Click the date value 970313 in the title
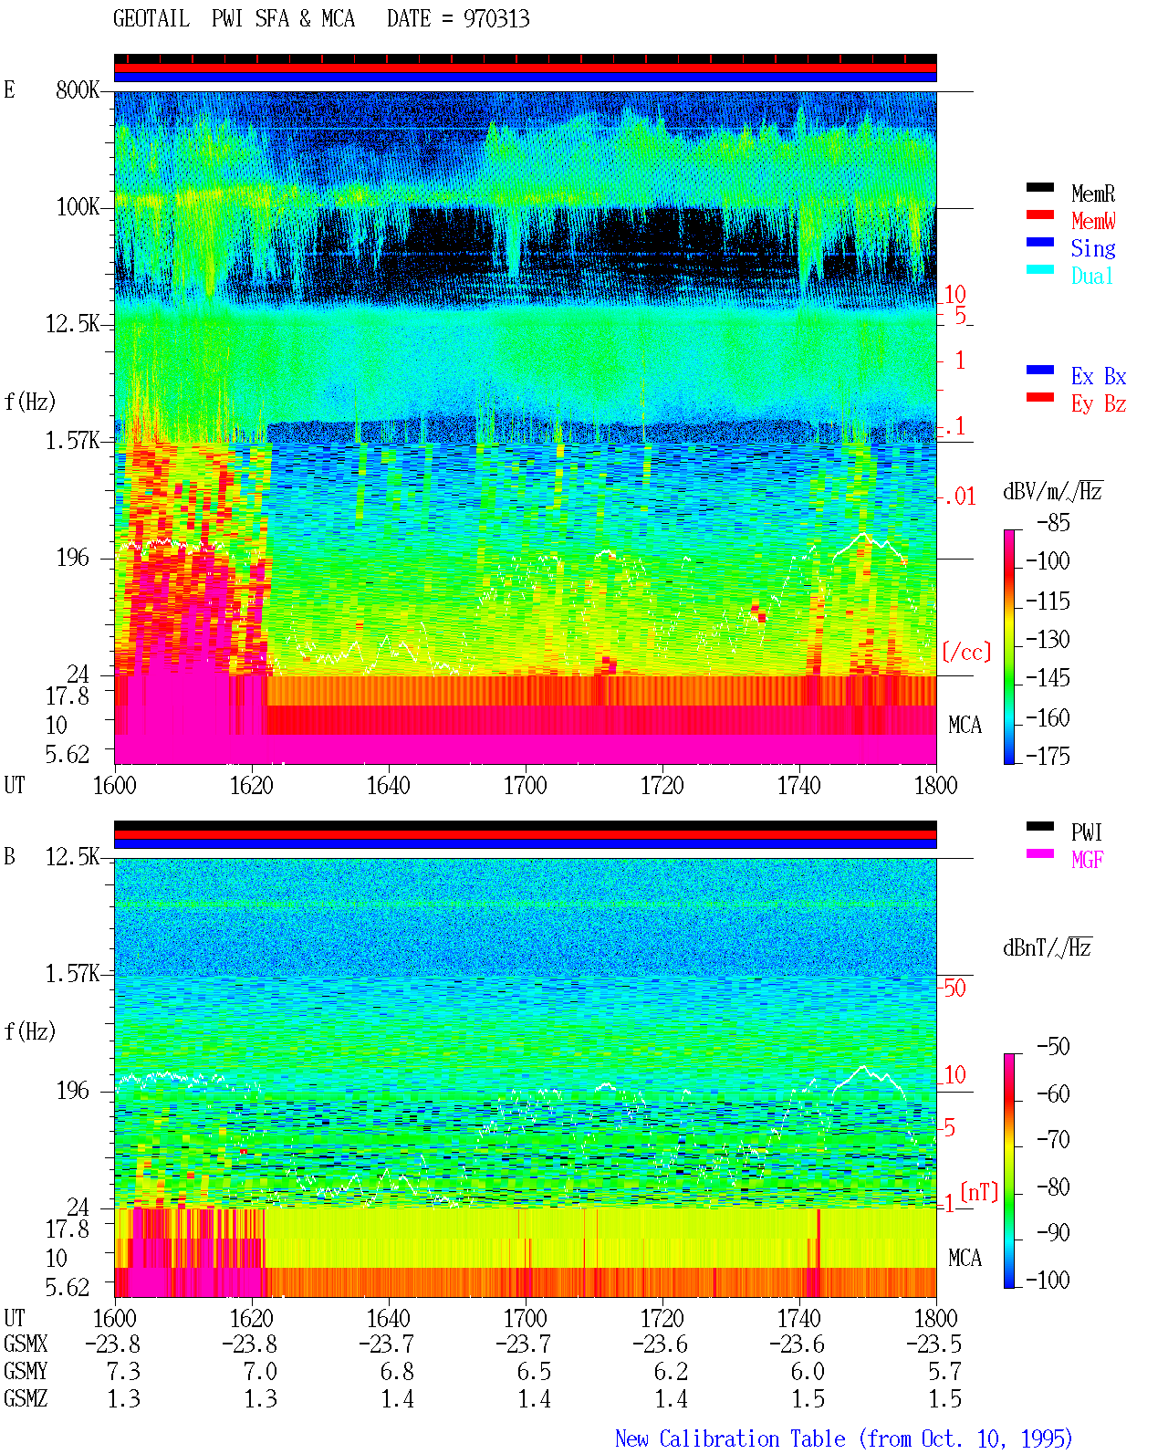[496, 19]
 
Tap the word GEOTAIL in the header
[151, 19]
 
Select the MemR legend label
[1093, 194]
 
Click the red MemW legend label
[1093, 221]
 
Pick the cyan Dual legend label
[1091, 276]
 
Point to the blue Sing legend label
[1093, 248]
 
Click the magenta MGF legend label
[1087, 860]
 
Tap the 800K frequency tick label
[78, 89]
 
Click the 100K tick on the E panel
[78, 207]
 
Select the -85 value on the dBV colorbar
[1053, 522]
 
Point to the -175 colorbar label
[1048, 756]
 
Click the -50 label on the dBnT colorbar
[1053, 1047]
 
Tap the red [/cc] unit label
[966, 652]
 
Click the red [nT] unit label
[979, 1193]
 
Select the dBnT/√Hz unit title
[1047, 947]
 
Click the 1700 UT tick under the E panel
[525, 786]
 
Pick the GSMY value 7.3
[123, 1372]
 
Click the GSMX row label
[26, 1344]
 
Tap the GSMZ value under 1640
[397, 1399]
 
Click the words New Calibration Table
[730, 1439]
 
